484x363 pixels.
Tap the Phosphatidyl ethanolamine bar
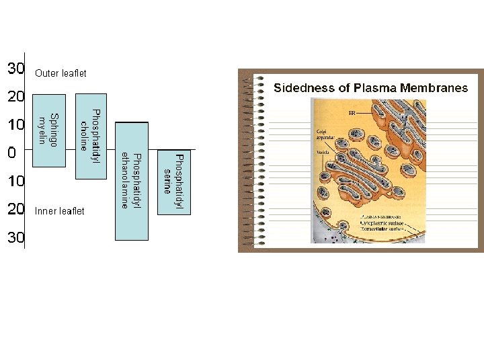[x=131, y=181]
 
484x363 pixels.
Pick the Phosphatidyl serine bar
[x=173, y=182]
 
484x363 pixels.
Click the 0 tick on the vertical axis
[x=11, y=153]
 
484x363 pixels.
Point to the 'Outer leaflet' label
[x=61, y=73]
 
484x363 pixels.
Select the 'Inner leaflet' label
[x=59, y=211]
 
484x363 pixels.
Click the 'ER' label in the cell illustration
[x=351, y=114]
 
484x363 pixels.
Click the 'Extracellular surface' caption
[x=385, y=230]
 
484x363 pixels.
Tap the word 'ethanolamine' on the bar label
[x=125, y=181]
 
